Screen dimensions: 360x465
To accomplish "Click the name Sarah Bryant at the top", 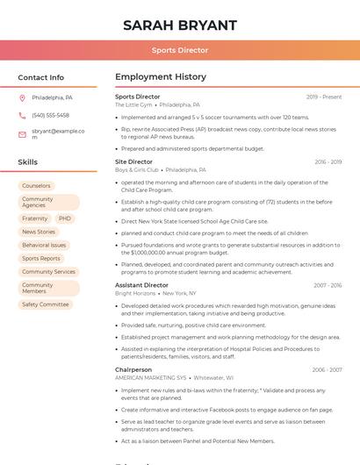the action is (180, 25).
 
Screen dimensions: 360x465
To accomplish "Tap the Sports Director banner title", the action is (180, 50).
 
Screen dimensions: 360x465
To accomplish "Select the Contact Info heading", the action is (40, 77).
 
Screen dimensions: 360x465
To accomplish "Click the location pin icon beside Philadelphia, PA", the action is (22, 97).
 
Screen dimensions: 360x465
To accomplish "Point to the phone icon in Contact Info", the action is (22, 116).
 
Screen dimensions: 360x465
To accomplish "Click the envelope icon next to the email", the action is (22, 134).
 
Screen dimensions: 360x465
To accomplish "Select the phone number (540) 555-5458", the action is (50, 116).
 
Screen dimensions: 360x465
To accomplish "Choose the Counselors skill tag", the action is (36, 186).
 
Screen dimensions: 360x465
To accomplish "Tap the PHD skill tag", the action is (65, 218).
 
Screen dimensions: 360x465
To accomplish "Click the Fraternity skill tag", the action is (35, 218).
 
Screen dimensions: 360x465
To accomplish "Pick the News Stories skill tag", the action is (39, 232).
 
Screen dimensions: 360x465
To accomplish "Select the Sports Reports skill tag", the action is (41, 259).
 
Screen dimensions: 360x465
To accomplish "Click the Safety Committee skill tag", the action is (46, 304).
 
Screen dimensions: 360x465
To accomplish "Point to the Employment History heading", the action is (161, 77).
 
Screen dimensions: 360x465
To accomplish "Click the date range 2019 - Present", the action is (324, 97).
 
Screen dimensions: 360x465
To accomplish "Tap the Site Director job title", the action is (133, 162).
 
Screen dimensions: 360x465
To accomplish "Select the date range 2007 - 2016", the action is (328, 285).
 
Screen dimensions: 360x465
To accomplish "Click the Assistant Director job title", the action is (141, 285).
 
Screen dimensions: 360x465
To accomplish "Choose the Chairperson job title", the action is (133, 370).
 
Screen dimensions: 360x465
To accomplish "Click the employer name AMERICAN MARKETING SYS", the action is (150, 378).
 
